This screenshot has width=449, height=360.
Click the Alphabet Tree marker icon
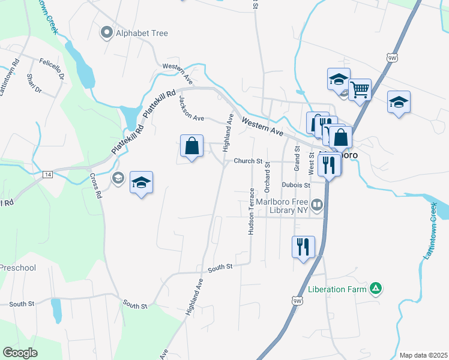[107, 33]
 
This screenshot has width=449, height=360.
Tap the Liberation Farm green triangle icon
[376, 289]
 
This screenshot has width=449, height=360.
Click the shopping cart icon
[360, 90]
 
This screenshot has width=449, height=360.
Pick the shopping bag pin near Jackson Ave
[191, 146]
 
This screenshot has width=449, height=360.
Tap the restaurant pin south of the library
[303, 246]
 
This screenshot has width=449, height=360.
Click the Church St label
[248, 161]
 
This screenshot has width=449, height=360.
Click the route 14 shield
[49, 174]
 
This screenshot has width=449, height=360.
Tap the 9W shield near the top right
[392, 58]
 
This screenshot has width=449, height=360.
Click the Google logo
[20, 353]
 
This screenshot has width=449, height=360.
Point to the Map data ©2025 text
[423, 355]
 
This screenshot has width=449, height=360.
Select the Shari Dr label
[34, 83]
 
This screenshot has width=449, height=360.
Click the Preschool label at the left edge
[18, 268]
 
